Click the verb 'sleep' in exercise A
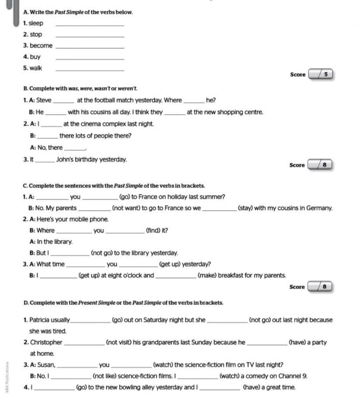click(x=36, y=23)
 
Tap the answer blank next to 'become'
click(x=90, y=46)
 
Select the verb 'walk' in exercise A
click(x=36, y=68)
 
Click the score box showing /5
click(x=321, y=75)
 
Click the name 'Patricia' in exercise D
click(x=41, y=320)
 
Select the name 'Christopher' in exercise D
click(x=46, y=343)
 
